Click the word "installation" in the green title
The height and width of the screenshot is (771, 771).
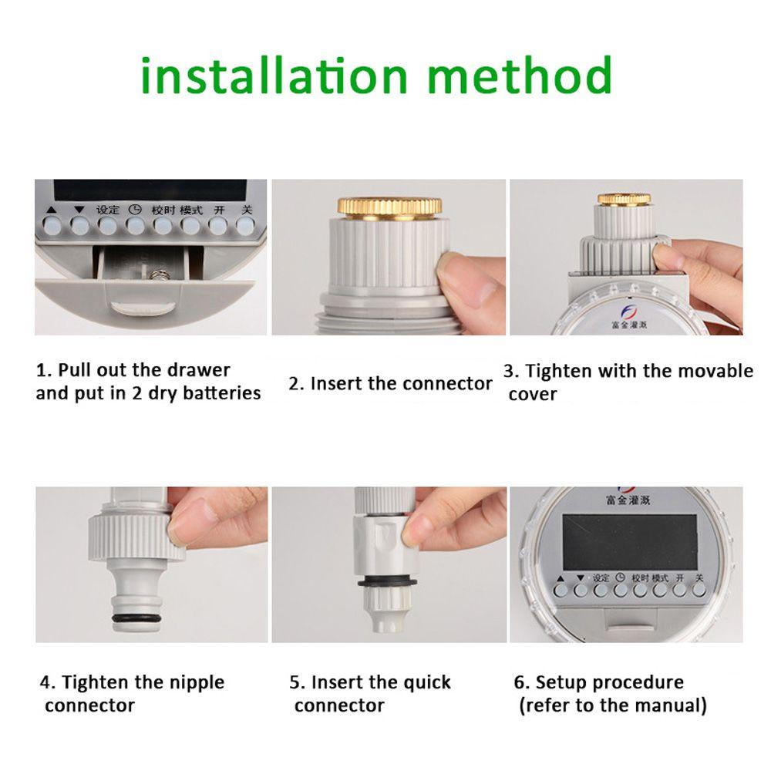[274, 76]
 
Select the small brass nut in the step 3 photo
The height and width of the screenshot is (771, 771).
[624, 199]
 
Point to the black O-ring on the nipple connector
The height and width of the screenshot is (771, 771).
[136, 618]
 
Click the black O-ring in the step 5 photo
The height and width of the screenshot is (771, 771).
[388, 583]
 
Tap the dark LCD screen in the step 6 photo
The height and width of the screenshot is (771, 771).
[629, 542]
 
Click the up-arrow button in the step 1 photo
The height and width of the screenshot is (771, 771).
[52, 226]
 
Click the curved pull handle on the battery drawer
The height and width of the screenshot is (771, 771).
[143, 308]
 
